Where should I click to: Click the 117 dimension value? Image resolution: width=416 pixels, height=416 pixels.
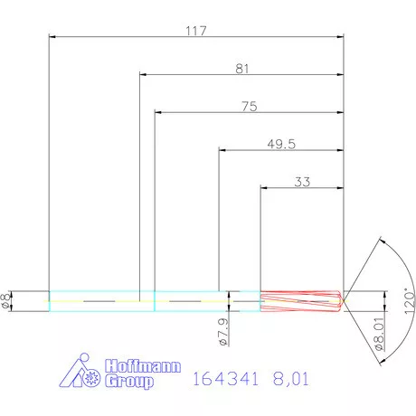196,30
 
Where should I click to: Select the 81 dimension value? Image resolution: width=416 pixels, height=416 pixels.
241,68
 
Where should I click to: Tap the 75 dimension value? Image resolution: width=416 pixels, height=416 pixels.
250,106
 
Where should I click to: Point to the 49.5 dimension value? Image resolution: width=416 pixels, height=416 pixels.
282,143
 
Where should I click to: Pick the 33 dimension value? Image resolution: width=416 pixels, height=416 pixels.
302,181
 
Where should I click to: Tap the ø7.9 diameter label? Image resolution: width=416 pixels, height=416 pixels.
222,333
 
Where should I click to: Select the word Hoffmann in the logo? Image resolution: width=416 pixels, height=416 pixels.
143,368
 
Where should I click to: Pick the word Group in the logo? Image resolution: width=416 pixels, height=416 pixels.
129,382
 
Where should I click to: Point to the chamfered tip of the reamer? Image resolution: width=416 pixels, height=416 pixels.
340,300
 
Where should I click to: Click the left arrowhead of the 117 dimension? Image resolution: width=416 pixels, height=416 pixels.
52,37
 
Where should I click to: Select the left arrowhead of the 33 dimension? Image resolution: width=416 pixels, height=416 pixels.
264,188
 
